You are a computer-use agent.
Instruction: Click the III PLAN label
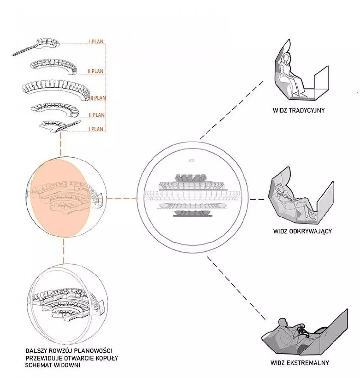tap(98, 98)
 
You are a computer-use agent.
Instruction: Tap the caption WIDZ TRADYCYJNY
tap(298, 110)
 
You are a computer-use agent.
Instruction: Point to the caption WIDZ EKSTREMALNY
tap(299, 363)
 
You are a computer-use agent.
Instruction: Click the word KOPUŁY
tap(106, 358)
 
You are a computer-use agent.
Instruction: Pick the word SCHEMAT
tap(38, 365)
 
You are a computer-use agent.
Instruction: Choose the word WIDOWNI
tap(67, 365)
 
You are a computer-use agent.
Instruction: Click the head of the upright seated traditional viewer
tap(287, 58)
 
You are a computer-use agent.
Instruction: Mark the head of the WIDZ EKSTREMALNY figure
tap(282, 322)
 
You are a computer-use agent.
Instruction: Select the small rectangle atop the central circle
tap(191, 160)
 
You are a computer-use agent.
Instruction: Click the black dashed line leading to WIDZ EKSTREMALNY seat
tap(237, 288)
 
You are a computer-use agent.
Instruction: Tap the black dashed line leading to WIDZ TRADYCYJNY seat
tap(231, 110)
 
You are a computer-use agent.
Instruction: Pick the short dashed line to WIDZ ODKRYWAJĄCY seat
tap(257, 199)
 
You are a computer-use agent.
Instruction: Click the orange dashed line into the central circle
tap(122, 198)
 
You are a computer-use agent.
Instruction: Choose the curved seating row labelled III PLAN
tap(56, 89)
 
